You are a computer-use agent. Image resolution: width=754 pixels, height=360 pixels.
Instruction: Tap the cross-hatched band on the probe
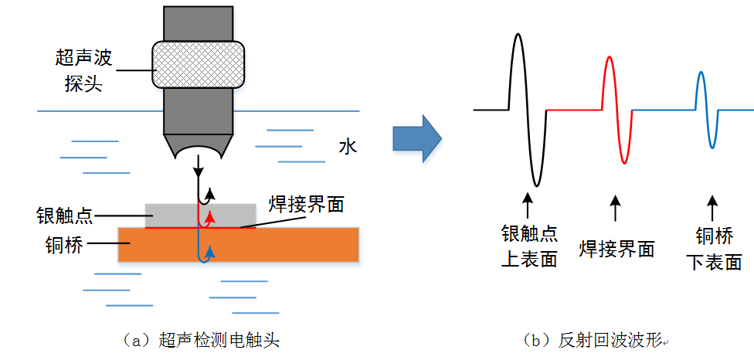tap(199, 63)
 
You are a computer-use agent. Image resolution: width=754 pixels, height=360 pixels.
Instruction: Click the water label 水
tap(348, 146)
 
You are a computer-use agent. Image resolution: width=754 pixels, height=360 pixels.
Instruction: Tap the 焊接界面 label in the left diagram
tap(306, 205)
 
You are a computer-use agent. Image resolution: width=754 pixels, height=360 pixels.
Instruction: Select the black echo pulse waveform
tap(526, 108)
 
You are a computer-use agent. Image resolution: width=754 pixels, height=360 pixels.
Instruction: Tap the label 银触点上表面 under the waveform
tap(529, 246)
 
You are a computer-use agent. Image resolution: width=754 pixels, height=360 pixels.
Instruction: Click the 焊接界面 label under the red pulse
tap(616, 249)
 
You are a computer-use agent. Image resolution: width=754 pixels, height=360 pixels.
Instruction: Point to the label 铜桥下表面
tap(714, 249)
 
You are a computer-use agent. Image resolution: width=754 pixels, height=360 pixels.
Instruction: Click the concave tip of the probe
tap(199, 150)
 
